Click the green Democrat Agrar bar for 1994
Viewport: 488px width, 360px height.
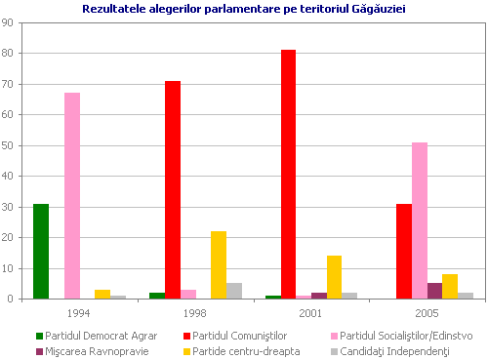pos(41,252)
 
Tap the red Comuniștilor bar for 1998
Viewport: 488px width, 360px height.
pos(173,190)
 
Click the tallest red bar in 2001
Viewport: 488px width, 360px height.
pos(289,175)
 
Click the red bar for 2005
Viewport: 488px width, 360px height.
pos(404,252)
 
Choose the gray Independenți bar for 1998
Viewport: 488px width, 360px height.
pos(234,291)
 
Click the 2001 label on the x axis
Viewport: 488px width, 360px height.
pos(311,313)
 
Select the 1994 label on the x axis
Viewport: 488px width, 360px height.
pos(80,313)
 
